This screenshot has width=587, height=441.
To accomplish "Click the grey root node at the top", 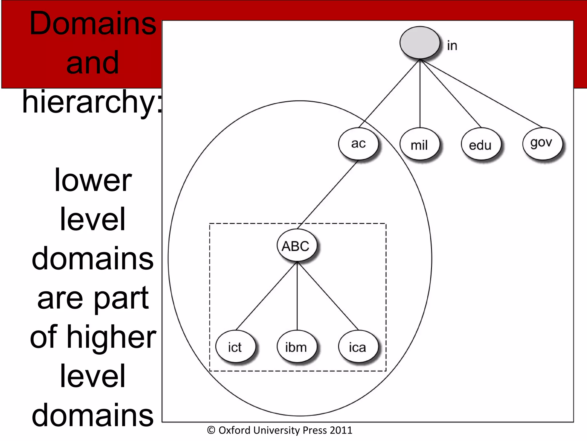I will (x=420, y=43).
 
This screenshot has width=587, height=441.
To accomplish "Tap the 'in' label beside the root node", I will (x=452, y=46).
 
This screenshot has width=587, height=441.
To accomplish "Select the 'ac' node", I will (x=358, y=144).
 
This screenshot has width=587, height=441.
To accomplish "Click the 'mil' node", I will (x=419, y=144).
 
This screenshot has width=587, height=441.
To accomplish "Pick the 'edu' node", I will (x=481, y=144).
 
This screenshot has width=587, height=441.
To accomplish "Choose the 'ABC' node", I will (x=296, y=246).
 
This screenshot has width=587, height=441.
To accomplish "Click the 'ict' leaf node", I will (x=235, y=347).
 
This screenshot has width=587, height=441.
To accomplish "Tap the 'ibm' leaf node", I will (x=296, y=347).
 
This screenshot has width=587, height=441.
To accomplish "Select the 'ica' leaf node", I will (x=358, y=347).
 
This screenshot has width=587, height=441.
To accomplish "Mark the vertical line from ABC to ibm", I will (x=297, y=296).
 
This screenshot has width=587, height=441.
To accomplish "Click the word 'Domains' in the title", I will (x=93, y=24).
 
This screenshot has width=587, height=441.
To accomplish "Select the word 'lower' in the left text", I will (x=93, y=180).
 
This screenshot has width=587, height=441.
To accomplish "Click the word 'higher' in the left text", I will (x=112, y=337).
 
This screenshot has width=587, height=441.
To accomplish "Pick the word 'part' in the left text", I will (x=121, y=299).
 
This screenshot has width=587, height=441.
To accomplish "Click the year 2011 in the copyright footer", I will (x=341, y=430).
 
